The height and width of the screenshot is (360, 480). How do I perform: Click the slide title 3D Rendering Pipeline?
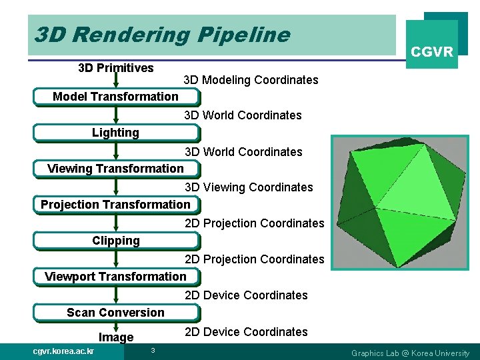point(162,35)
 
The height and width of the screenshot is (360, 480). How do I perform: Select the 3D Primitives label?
point(116,67)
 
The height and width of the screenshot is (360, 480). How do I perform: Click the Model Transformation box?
point(115,97)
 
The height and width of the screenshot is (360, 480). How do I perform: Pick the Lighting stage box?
point(115,133)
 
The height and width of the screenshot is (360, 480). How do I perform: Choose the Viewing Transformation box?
point(115,169)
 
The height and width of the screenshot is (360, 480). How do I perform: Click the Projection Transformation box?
point(115,205)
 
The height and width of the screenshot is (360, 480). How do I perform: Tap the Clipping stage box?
point(115,241)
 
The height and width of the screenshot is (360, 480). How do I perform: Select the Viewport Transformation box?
point(115,277)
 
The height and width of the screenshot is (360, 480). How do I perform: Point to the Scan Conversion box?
point(115,313)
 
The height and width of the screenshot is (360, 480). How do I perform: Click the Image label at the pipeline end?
point(116,337)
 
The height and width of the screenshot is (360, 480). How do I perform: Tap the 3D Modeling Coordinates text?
point(251,80)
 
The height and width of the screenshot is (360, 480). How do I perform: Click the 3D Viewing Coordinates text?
point(249,187)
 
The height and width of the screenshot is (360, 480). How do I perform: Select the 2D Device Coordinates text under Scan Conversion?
point(246,332)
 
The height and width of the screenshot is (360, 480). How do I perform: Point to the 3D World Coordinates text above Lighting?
point(243,115)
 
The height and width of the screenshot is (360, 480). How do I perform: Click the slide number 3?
point(153,351)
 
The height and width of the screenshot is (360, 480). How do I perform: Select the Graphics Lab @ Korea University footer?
point(410,353)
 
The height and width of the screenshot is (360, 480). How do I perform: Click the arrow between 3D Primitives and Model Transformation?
point(116,81)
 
